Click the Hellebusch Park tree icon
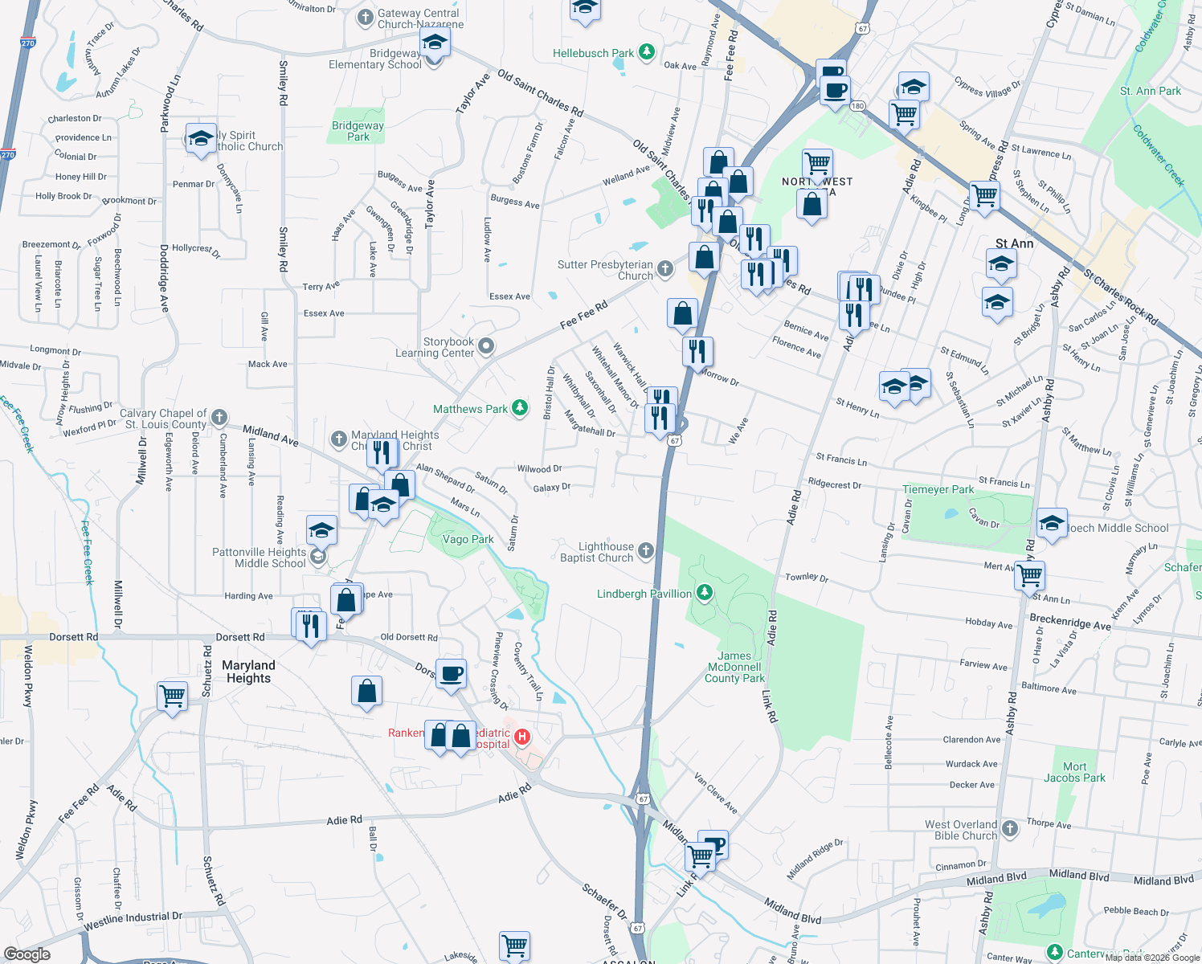click(647, 52)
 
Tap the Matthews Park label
click(470, 409)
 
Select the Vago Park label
click(468, 539)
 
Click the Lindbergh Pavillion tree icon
click(704, 593)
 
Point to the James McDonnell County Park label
click(734, 667)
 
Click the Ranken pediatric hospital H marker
click(522, 737)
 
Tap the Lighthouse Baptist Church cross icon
click(646, 551)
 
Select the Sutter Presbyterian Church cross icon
click(665, 269)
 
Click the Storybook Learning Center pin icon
click(486, 346)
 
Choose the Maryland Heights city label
click(248, 672)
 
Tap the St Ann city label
click(1014, 243)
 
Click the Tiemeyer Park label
click(938, 489)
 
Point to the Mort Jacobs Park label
click(1074, 772)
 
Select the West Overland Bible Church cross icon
click(1010, 828)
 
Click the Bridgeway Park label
click(358, 131)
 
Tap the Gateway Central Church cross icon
click(366, 17)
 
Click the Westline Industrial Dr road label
click(133, 921)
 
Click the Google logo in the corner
click(27, 954)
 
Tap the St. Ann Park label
click(1150, 91)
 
